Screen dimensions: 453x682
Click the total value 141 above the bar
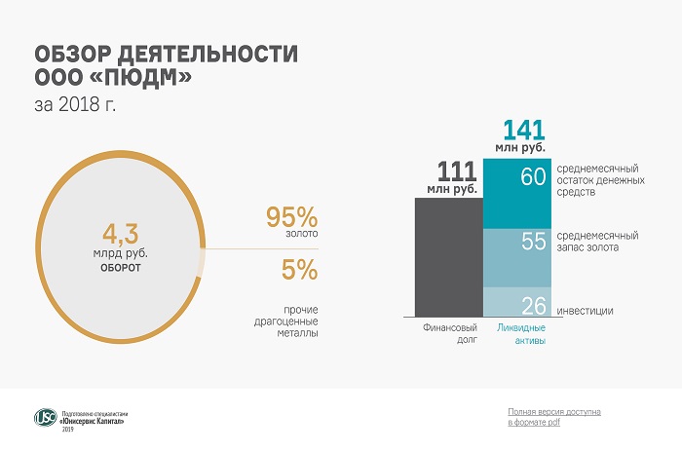click(523, 130)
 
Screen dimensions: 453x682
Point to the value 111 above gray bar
click(455, 173)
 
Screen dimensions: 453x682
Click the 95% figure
click(291, 216)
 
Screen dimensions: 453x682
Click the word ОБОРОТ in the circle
click(121, 265)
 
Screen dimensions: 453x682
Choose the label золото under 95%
click(293, 236)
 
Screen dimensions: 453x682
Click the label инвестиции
click(585, 311)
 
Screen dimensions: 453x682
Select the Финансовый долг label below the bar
click(448, 335)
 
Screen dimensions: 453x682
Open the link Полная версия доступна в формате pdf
click(554, 417)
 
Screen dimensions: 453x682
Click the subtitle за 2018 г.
click(74, 102)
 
